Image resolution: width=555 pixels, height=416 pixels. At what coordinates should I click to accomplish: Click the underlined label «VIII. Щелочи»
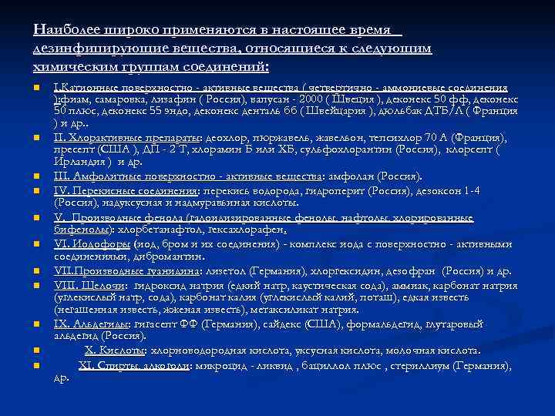[85, 284]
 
